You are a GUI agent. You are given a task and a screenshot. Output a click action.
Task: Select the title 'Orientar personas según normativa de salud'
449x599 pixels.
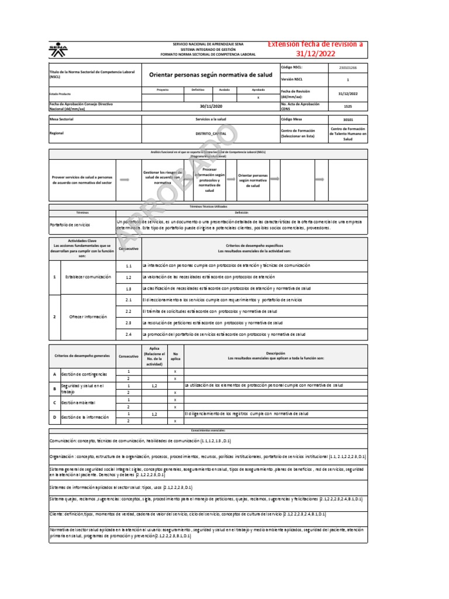[210, 75]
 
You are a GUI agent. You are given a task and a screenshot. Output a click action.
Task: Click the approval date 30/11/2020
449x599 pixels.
[210, 106]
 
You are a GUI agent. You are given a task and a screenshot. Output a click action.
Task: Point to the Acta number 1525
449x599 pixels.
[347, 106]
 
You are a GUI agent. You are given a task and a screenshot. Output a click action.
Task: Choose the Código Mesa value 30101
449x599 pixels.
[347, 119]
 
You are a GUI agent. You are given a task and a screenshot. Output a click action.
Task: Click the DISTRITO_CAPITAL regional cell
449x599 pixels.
[210, 133]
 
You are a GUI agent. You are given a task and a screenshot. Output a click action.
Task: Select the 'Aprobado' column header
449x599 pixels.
[258, 90]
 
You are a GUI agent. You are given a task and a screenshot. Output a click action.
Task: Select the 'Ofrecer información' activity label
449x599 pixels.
[88, 316]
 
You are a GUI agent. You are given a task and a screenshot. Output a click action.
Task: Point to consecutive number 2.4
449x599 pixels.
[129, 334]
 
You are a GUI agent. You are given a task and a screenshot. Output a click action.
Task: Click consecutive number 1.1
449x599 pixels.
[129, 266]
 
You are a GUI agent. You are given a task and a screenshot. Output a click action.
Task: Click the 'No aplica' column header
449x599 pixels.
[175, 355]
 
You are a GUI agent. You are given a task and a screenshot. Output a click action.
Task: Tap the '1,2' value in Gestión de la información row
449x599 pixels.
[154, 414]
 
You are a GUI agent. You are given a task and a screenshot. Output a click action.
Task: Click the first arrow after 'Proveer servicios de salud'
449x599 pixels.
[125, 180]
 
